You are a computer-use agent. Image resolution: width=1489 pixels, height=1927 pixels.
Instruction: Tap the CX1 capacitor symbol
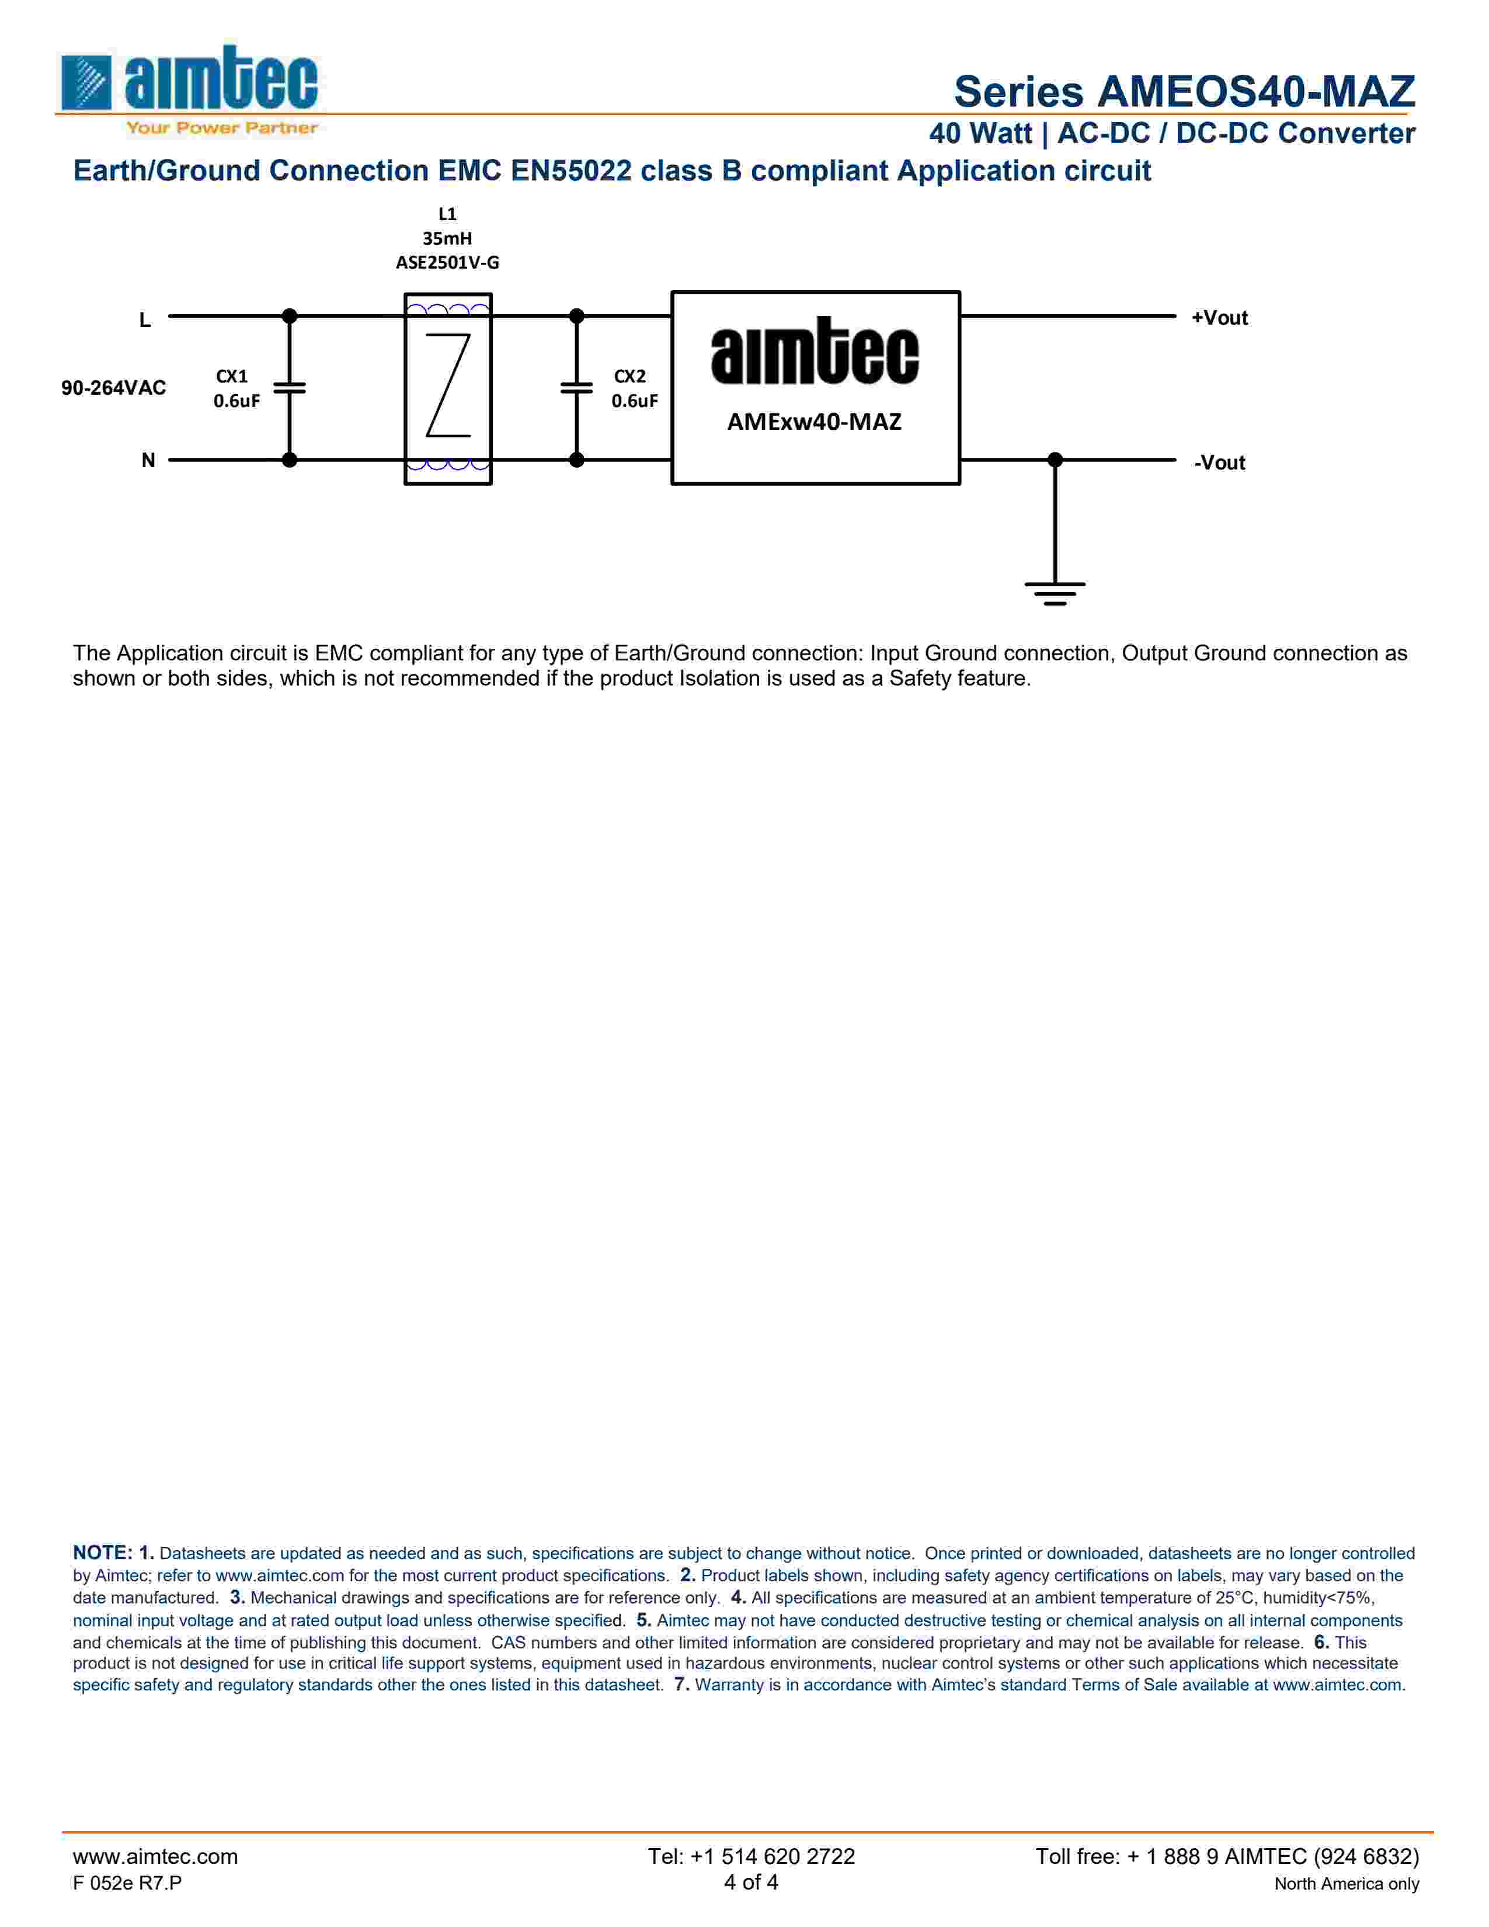289,387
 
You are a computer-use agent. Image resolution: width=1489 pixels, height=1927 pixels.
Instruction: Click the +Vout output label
1219,318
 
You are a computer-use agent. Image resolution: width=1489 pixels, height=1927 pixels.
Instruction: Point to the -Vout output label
1219,462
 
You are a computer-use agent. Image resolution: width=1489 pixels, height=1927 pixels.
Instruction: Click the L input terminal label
145,319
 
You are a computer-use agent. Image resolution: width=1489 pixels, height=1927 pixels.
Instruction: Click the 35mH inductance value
447,238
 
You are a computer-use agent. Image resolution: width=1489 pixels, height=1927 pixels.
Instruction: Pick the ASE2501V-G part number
447,263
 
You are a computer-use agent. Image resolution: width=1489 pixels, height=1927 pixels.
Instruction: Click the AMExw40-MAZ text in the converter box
814,422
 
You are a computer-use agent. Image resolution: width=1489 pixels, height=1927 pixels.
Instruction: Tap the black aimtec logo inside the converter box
814,353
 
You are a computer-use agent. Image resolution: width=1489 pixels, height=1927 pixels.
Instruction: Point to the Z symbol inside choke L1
448,385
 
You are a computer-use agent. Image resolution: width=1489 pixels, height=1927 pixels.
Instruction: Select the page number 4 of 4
751,1882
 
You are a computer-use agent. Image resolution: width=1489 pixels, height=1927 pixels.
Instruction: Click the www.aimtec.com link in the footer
155,1856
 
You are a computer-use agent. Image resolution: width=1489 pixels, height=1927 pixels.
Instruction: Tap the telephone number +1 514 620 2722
751,1856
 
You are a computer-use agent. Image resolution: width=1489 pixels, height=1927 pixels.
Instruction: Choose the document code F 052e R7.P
127,1883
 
